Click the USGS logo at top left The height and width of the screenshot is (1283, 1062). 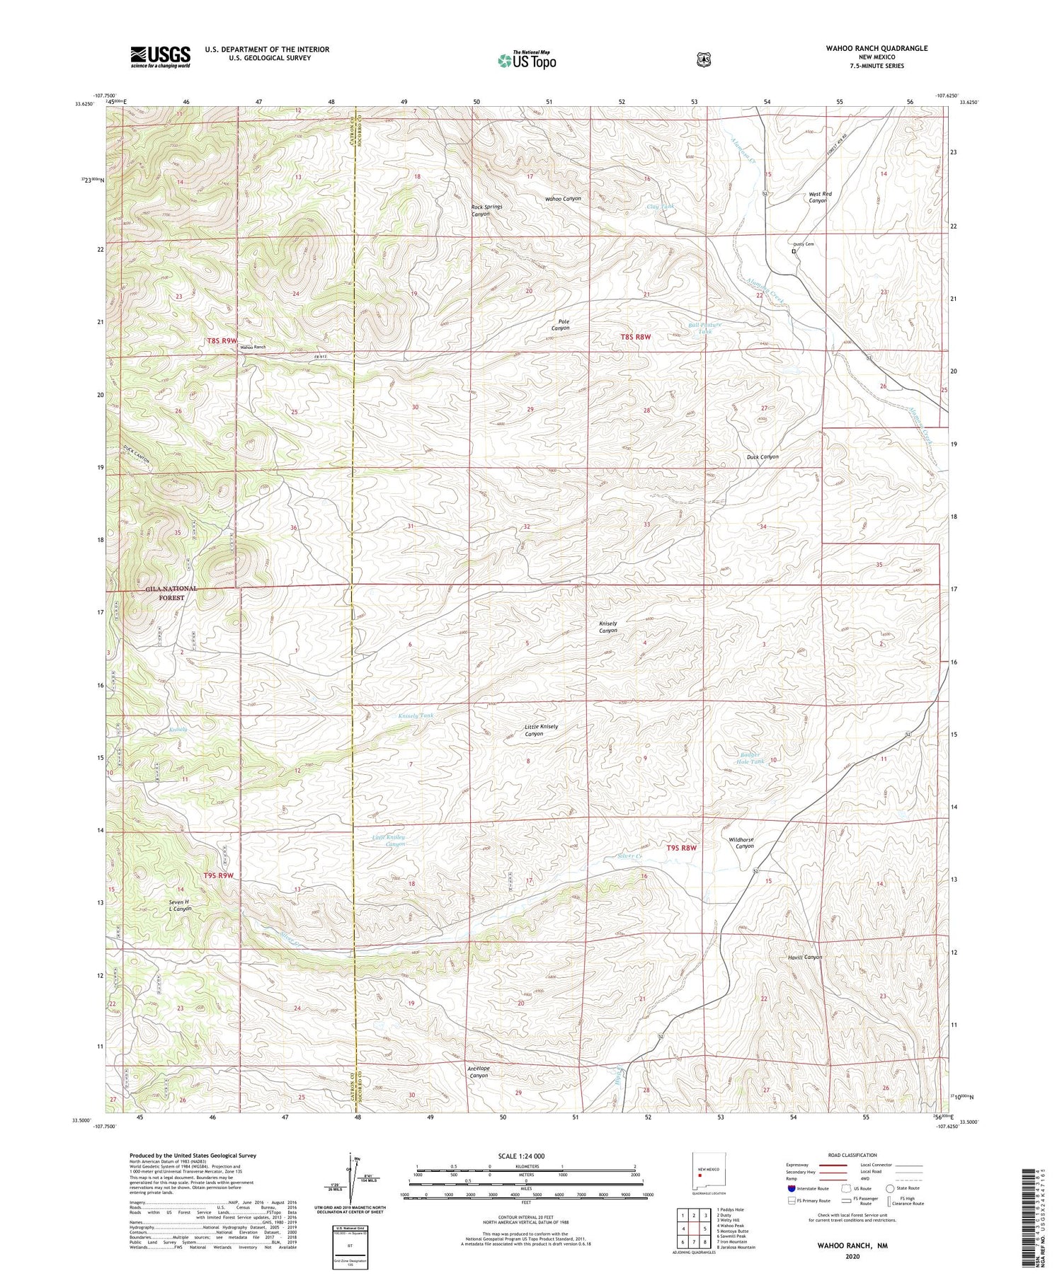[160, 57]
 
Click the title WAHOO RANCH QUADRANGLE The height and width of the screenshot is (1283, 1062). [876, 48]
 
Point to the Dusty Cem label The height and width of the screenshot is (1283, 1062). [803, 245]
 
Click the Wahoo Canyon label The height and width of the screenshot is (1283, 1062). [563, 199]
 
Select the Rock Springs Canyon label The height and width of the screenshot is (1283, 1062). [486, 210]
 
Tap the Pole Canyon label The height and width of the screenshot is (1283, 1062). [560, 325]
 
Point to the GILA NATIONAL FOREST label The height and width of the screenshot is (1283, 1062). [171, 593]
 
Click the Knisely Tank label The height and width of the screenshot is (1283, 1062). [416, 716]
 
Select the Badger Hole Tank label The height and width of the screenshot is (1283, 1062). [747, 757]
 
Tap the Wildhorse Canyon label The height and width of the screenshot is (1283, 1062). [741, 843]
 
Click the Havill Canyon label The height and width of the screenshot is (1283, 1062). [805, 957]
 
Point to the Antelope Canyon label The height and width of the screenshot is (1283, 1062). [478, 1071]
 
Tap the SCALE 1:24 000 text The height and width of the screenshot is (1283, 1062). [526, 1156]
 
